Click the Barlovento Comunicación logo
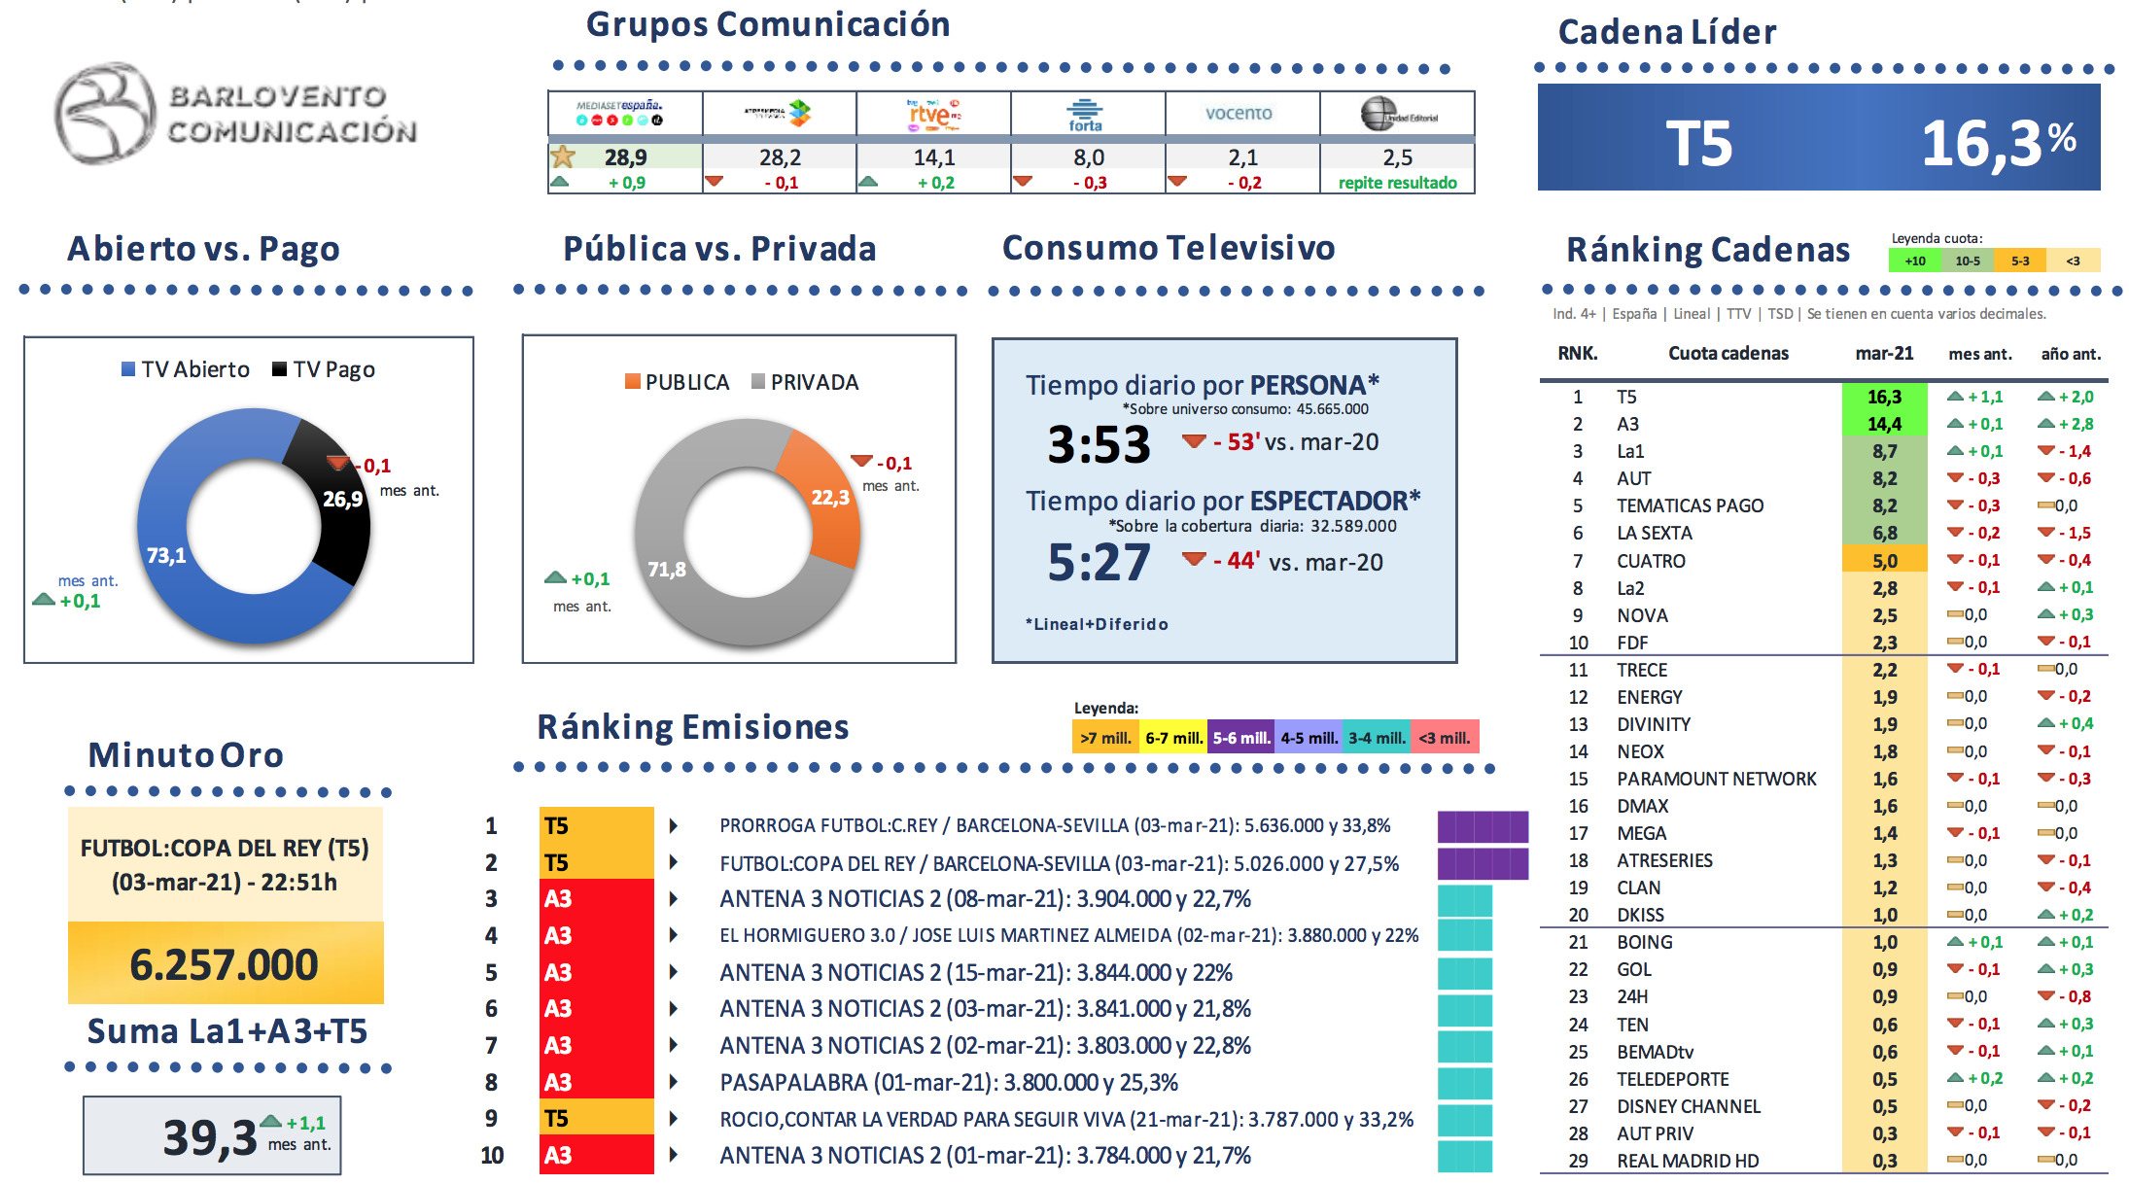pyautogui.click(x=235, y=114)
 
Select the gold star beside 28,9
pyautogui.click(x=562, y=157)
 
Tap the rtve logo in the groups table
pyautogui.click(x=932, y=114)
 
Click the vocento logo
pyautogui.click(x=1239, y=113)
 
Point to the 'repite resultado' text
pyautogui.click(x=1397, y=183)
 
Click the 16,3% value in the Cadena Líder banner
pyautogui.click(x=1997, y=144)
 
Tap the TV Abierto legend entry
pyautogui.click(x=186, y=369)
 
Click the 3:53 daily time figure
pyautogui.click(x=1099, y=444)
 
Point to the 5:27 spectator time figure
pyautogui.click(x=1099, y=563)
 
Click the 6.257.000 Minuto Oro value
pyautogui.click(x=225, y=964)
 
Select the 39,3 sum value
pyautogui.click(x=209, y=1137)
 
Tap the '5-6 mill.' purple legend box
pyautogui.click(x=1240, y=738)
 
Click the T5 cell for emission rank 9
pyautogui.click(x=596, y=1118)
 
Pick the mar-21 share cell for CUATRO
pyautogui.click(x=1884, y=561)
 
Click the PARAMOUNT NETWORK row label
pyautogui.click(x=1716, y=779)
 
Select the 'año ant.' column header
pyautogui.click(x=2071, y=354)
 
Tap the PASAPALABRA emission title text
pyautogui.click(x=948, y=1082)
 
